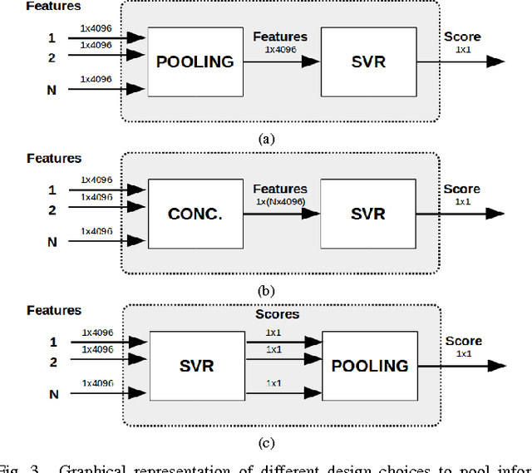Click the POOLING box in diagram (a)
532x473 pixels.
(x=195, y=61)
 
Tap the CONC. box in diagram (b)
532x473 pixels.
(x=195, y=213)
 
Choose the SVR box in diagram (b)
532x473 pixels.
(x=368, y=213)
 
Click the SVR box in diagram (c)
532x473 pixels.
(x=195, y=366)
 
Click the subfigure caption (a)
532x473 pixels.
(x=266, y=139)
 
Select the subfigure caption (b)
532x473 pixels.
(x=266, y=291)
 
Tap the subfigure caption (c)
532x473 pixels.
(x=266, y=443)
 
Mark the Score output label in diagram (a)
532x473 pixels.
(x=461, y=37)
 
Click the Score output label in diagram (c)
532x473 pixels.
(x=463, y=342)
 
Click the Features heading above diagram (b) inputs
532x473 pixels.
(x=54, y=158)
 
